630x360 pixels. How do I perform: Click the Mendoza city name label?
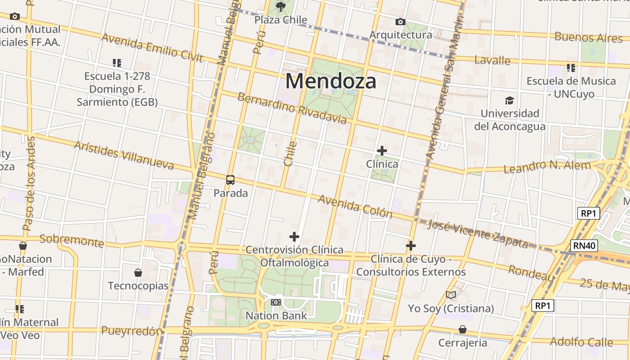coord(331,81)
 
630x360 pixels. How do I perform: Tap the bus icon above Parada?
coord(230,180)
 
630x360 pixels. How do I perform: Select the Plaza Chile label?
coord(281,20)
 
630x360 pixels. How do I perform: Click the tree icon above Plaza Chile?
coord(281,6)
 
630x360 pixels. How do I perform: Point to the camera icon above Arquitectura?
coord(400,22)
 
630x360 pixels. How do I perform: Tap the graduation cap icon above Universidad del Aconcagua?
coord(509,100)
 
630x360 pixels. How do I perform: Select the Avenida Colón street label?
coord(355,206)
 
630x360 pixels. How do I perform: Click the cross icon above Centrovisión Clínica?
coord(294,236)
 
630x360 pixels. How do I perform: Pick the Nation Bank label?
coord(276,315)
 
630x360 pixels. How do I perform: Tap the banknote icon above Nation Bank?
coord(276,302)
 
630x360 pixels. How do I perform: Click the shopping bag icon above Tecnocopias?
coord(138,273)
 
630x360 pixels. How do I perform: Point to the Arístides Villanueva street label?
coord(124,156)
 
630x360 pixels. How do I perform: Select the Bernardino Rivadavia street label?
coord(292,108)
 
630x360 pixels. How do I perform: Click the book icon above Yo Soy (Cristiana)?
coord(451,295)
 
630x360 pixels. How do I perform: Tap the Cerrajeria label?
coord(463,343)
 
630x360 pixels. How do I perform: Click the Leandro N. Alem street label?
coord(547,167)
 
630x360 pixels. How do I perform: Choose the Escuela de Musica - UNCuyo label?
coord(571,87)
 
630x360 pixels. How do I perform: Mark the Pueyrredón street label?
coord(131,331)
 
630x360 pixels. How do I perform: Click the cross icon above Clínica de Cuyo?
coord(411,246)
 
